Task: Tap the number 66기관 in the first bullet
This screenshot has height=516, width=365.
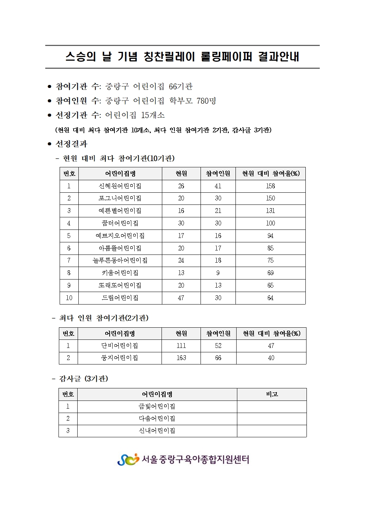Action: pyautogui.click(x=181, y=86)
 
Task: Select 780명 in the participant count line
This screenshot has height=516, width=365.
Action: pyautogui.click(x=206, y=101)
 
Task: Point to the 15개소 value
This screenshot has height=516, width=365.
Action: pyautogui.click(x=153, y=115)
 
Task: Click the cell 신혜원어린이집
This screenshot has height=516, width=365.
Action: pyautogui.click(x=120, y=186)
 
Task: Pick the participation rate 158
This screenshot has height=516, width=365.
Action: pyautogui.click(x=270, y=186)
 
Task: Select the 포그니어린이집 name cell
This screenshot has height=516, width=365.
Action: pyautogui.click(x=120, y=198)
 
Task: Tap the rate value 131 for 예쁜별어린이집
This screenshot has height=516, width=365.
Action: pyautogui.click(x=270, y=211)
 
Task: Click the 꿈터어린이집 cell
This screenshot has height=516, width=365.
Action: pyautogui.click(x=120, y=223)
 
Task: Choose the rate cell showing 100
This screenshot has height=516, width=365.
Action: pyautogui.click(x=270, y=223)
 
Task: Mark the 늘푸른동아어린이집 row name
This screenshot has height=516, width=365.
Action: pyautogui.click(x=120, y=260)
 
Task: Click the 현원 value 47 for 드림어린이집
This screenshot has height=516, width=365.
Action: pyautogui.click(x=181, y=298)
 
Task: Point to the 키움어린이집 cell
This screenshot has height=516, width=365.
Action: pyautogui.click(x=120, y=273)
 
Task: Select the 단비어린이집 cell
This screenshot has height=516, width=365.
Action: pyautogui.click(x=120, y=346)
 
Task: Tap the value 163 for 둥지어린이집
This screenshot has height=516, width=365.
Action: pyautogui.click(x=181, y=358)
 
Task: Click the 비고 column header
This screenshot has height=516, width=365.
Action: pyautogui.click(x=272, y=394)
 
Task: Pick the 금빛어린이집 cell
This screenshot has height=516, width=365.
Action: pyautogui.click(x=157, y=406)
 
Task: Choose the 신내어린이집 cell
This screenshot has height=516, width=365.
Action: pyautogui.click(x=157, y=431)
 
